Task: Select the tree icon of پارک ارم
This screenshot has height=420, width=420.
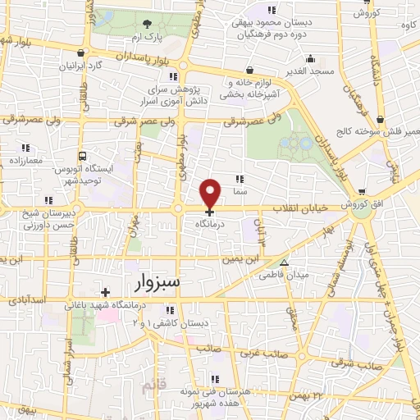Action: [147, 24]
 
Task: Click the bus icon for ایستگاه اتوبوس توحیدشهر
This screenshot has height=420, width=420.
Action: [81, 156]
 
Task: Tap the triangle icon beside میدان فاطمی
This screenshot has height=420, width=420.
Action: [285, 264]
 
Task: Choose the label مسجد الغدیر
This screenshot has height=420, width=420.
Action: [310, 72]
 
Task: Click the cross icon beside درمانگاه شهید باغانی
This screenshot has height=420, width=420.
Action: [105, 291]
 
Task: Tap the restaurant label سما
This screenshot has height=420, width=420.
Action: [240, 189]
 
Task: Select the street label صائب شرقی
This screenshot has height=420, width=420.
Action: [381, 365]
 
